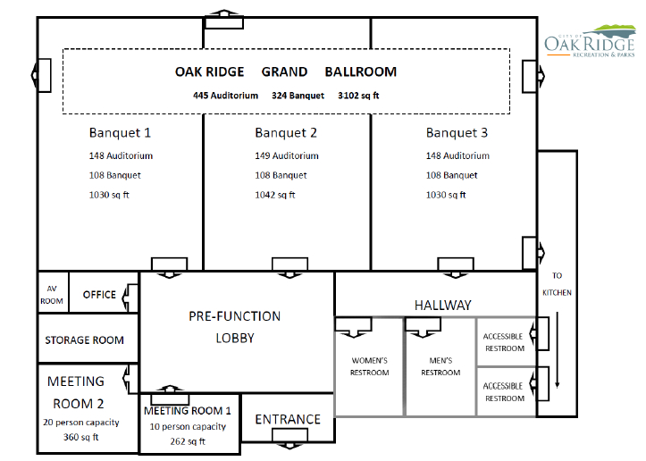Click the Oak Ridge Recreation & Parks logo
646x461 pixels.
click(x=590, y=41)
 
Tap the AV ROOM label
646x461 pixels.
click(x=52, y=295)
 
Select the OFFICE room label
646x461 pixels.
click(x=99, y=295)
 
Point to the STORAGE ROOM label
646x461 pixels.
click(x=85, y=340)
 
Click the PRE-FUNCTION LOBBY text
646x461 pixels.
click(x=234, y=327)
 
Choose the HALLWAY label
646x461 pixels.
click(x=443, y=306)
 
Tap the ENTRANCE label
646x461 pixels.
click(x=288, y=419)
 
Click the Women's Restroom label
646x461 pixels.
click(x=370, y=366)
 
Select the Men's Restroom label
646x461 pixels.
click(x=440, y=366)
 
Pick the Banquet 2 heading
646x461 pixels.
click(x=286, y=132)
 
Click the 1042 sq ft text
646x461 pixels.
click(x=275, y=195)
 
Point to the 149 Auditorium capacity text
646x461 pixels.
click(x=287, y=155)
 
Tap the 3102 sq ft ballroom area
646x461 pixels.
click(x=358, y=96)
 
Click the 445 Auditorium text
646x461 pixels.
click(x=225, y=96)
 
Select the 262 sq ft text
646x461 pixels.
click(x=188, y=441)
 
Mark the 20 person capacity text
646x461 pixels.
click(x=81, y=423)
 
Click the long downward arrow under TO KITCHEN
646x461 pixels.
click(x=557, y=349)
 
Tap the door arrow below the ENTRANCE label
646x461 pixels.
click(x=289, y=446)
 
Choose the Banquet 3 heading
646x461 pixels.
click(x=457, y=132)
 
